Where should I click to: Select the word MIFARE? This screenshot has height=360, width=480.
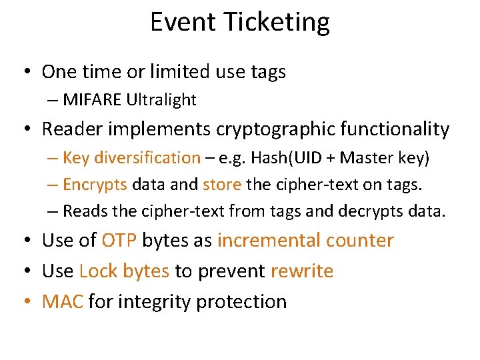(x=93, y=100)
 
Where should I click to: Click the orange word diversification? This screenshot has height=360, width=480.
(x=147, y=158)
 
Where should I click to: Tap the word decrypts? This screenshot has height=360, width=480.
(x=379, y=212)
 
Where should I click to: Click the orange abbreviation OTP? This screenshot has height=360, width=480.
(x=119, y=240)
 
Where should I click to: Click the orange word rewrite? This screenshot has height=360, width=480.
(x=301, y=271)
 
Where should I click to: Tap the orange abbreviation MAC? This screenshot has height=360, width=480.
(x=63, y=301)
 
